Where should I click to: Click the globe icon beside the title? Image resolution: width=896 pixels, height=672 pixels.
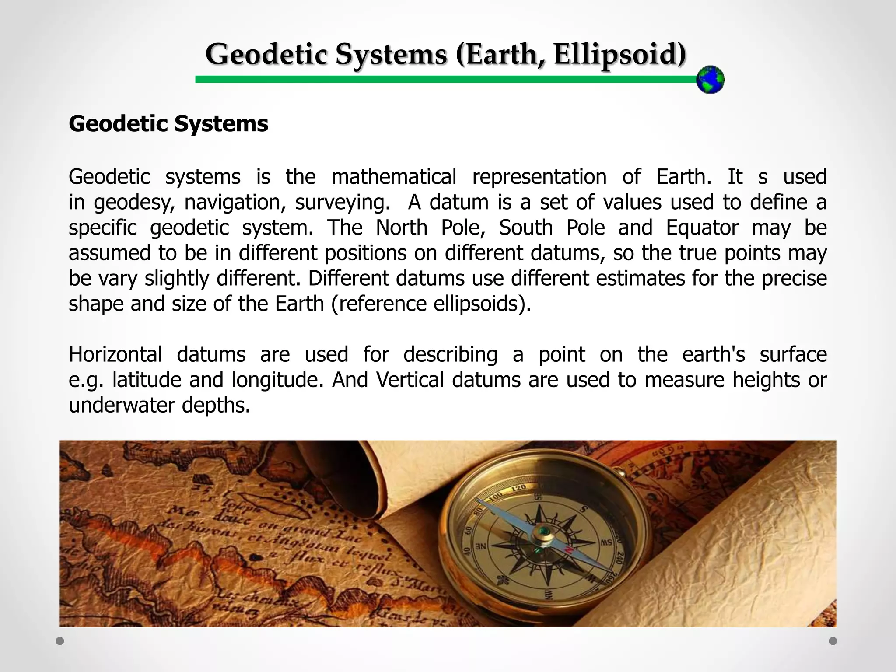(710, 80)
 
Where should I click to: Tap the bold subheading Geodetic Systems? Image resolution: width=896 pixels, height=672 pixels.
(168, 124)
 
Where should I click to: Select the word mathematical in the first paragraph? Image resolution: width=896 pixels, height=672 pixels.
(394, 177)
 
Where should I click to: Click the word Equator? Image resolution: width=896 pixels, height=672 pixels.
(702, 227)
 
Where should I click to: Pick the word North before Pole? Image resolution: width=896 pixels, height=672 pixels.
(401, 227)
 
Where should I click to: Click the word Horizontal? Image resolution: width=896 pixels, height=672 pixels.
(115, 354)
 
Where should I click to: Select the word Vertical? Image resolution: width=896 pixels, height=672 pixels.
(410, 380)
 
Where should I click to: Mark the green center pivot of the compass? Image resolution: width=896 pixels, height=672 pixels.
(544, 532)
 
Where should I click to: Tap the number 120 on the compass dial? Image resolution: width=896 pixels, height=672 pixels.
(518, 488)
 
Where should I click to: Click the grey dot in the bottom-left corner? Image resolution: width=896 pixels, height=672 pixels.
(60, 641)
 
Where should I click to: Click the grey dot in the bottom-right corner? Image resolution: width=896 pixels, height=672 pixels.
(833, 641)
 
